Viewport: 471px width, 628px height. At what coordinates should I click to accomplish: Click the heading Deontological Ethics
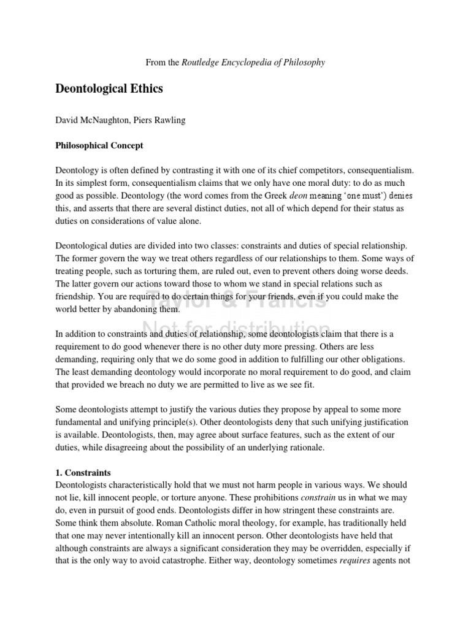tap(109, 89)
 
